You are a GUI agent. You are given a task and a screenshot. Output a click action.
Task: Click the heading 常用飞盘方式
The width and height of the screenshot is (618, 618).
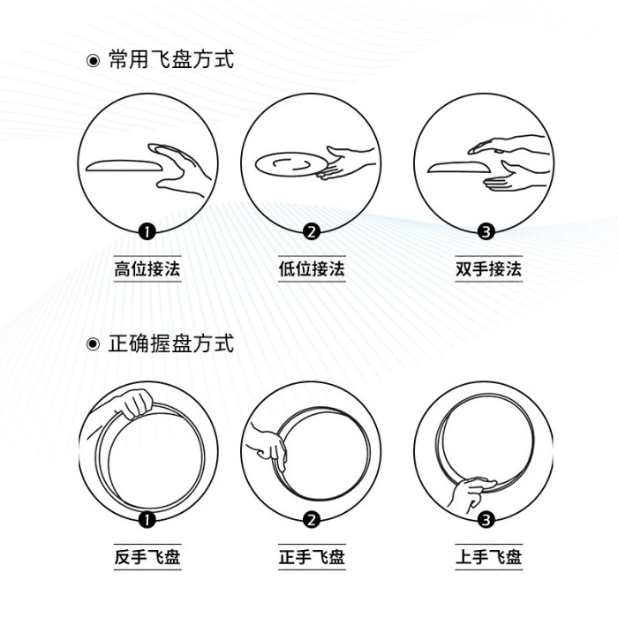click(170, 61)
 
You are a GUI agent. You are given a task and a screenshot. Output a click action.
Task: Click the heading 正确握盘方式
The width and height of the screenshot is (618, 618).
click(170, 343)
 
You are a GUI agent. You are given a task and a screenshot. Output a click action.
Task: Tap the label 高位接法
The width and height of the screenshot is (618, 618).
click(147, 269)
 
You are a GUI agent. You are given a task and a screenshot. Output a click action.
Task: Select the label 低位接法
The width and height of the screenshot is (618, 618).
click(311, 269)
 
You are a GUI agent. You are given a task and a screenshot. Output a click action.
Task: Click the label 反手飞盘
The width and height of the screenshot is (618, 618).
click(147, 557)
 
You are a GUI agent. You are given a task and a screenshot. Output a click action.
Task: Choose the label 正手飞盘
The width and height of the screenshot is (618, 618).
click(311, 557)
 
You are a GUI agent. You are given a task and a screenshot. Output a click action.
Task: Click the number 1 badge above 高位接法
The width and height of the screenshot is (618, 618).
click(147, 232)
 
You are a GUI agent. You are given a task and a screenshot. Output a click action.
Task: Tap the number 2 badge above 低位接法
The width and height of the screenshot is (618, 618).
click(311, 232)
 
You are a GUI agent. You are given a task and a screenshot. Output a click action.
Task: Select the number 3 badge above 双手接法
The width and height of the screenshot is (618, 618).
click(485, 232)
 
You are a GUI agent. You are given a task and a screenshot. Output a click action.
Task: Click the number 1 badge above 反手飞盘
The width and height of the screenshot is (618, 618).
click(147, 520)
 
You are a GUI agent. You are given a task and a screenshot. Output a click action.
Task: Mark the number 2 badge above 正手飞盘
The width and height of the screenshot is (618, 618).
click(311, 520)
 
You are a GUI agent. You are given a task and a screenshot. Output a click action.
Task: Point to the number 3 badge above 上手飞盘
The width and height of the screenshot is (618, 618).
click(485, 520)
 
